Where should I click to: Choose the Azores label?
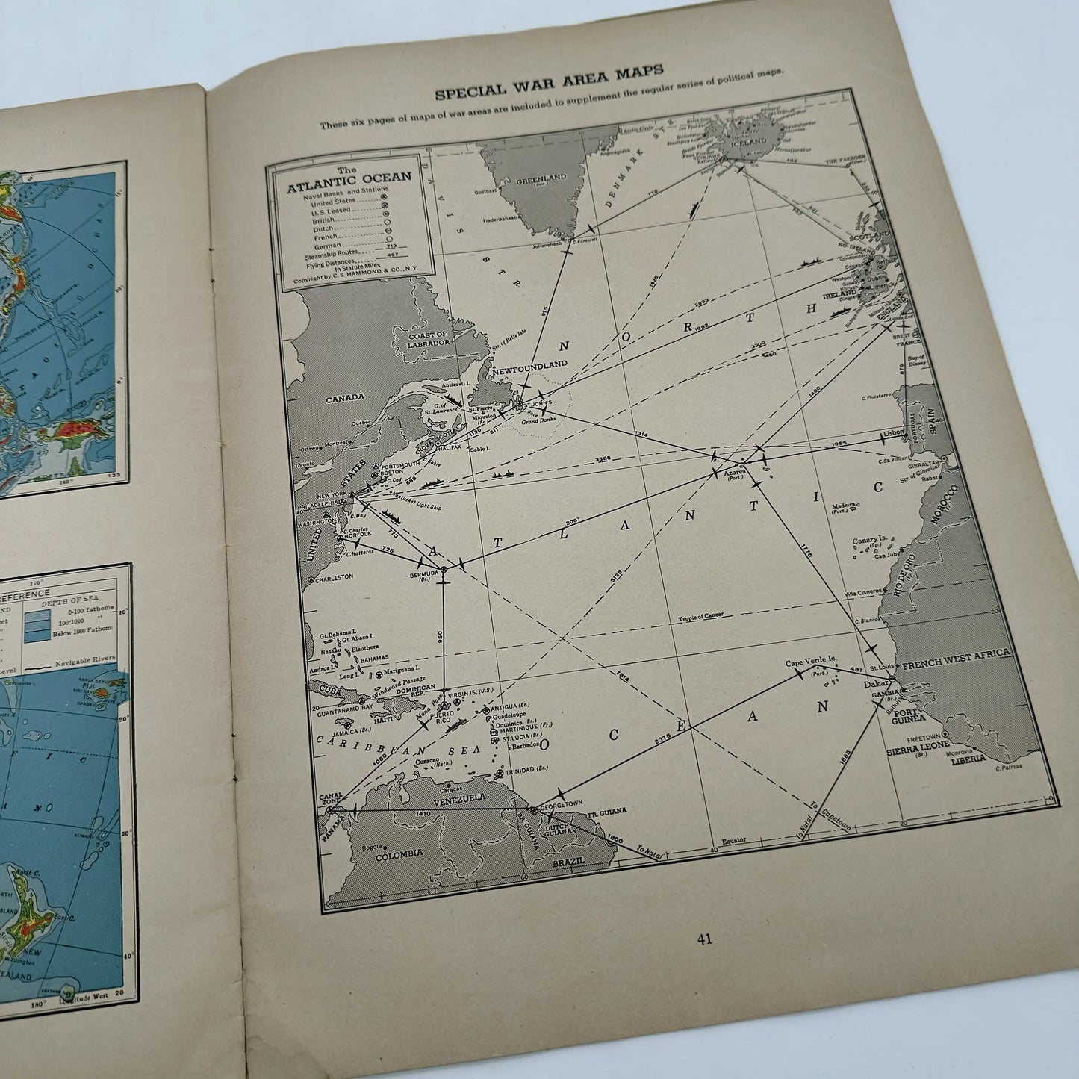coord(736,473)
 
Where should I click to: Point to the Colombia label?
coord(399,852)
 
